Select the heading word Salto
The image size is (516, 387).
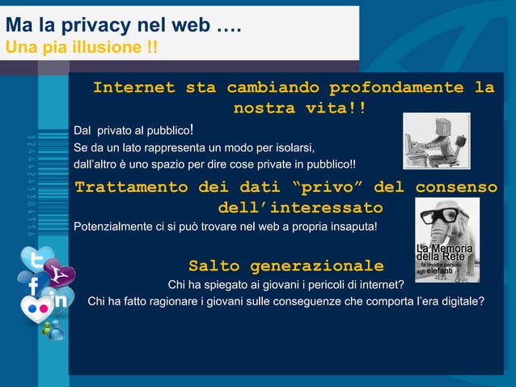pos(214,266)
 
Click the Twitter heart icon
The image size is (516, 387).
pos(36,260)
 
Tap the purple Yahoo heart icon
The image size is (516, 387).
pos(58,274)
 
